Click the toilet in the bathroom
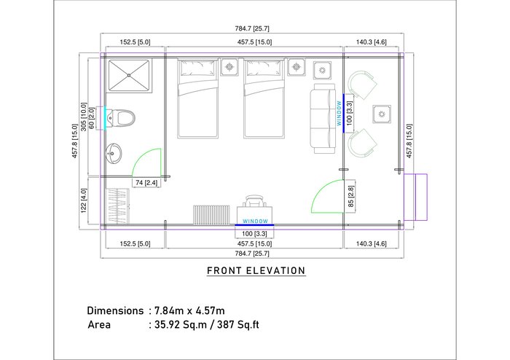point(121,118)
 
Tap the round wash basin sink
point(114,153)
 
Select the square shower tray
point(129,75)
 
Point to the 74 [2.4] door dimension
point(146,183)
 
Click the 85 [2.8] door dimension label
point(350,197)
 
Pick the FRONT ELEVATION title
point(256,270)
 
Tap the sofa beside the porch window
point(323,118)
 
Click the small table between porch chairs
point(382,114)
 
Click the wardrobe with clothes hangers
point(117,206)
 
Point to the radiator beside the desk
point(211,215)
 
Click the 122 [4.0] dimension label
point(84,201)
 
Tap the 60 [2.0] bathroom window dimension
point(92,118)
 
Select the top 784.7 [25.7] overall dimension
point(252,28)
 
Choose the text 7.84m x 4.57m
point(189,310)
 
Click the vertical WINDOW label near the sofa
point(339,113)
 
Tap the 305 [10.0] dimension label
point(84,117)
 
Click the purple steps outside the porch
point(416,197)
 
